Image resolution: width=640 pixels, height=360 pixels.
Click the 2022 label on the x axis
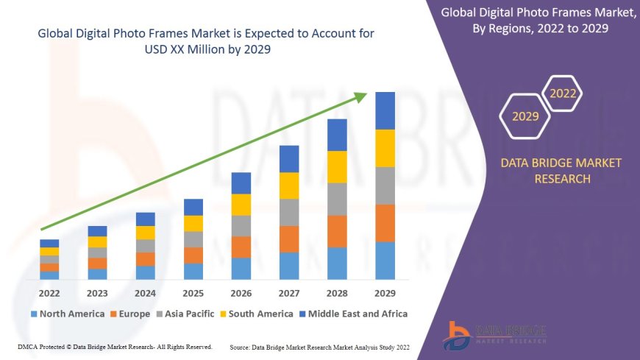pyautogui.click(x=50, y=294)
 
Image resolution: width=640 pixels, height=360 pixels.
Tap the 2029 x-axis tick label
pyautogui.click(x=385, y=294)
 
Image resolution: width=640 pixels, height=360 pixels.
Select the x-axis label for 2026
pyautogui.click(x=241, y=294)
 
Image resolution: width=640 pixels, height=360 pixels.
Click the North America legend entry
pyautogui.click(x=68, y=314)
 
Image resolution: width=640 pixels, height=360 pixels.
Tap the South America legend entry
pyautogui.click(x=255, y=314)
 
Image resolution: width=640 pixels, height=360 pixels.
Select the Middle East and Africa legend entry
pyautogui.click(x=352, y=314)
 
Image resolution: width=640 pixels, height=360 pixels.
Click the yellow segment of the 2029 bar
pyautogui.click(x=385, y=148)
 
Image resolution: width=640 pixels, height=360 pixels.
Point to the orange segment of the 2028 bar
pyautogui.click(x=337, y=231)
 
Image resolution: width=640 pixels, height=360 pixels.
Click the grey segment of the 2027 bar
pyautogui.click(x=289, y=212)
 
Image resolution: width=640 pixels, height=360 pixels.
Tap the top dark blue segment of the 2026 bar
pyautogui.click(x=241, y=183)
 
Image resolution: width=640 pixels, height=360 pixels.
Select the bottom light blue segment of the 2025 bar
pyautogui.click(x=193, y=272)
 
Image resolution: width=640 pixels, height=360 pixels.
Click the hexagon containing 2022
pyautogui.click(x=563, y=93)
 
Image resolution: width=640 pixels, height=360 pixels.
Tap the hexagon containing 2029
pyautogui.click(x=525, y=116)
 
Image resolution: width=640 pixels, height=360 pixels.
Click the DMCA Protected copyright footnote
pyautogui.click(x=114, y=346)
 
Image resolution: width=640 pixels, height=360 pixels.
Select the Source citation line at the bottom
pyautogui.click(x=319, y=347)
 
